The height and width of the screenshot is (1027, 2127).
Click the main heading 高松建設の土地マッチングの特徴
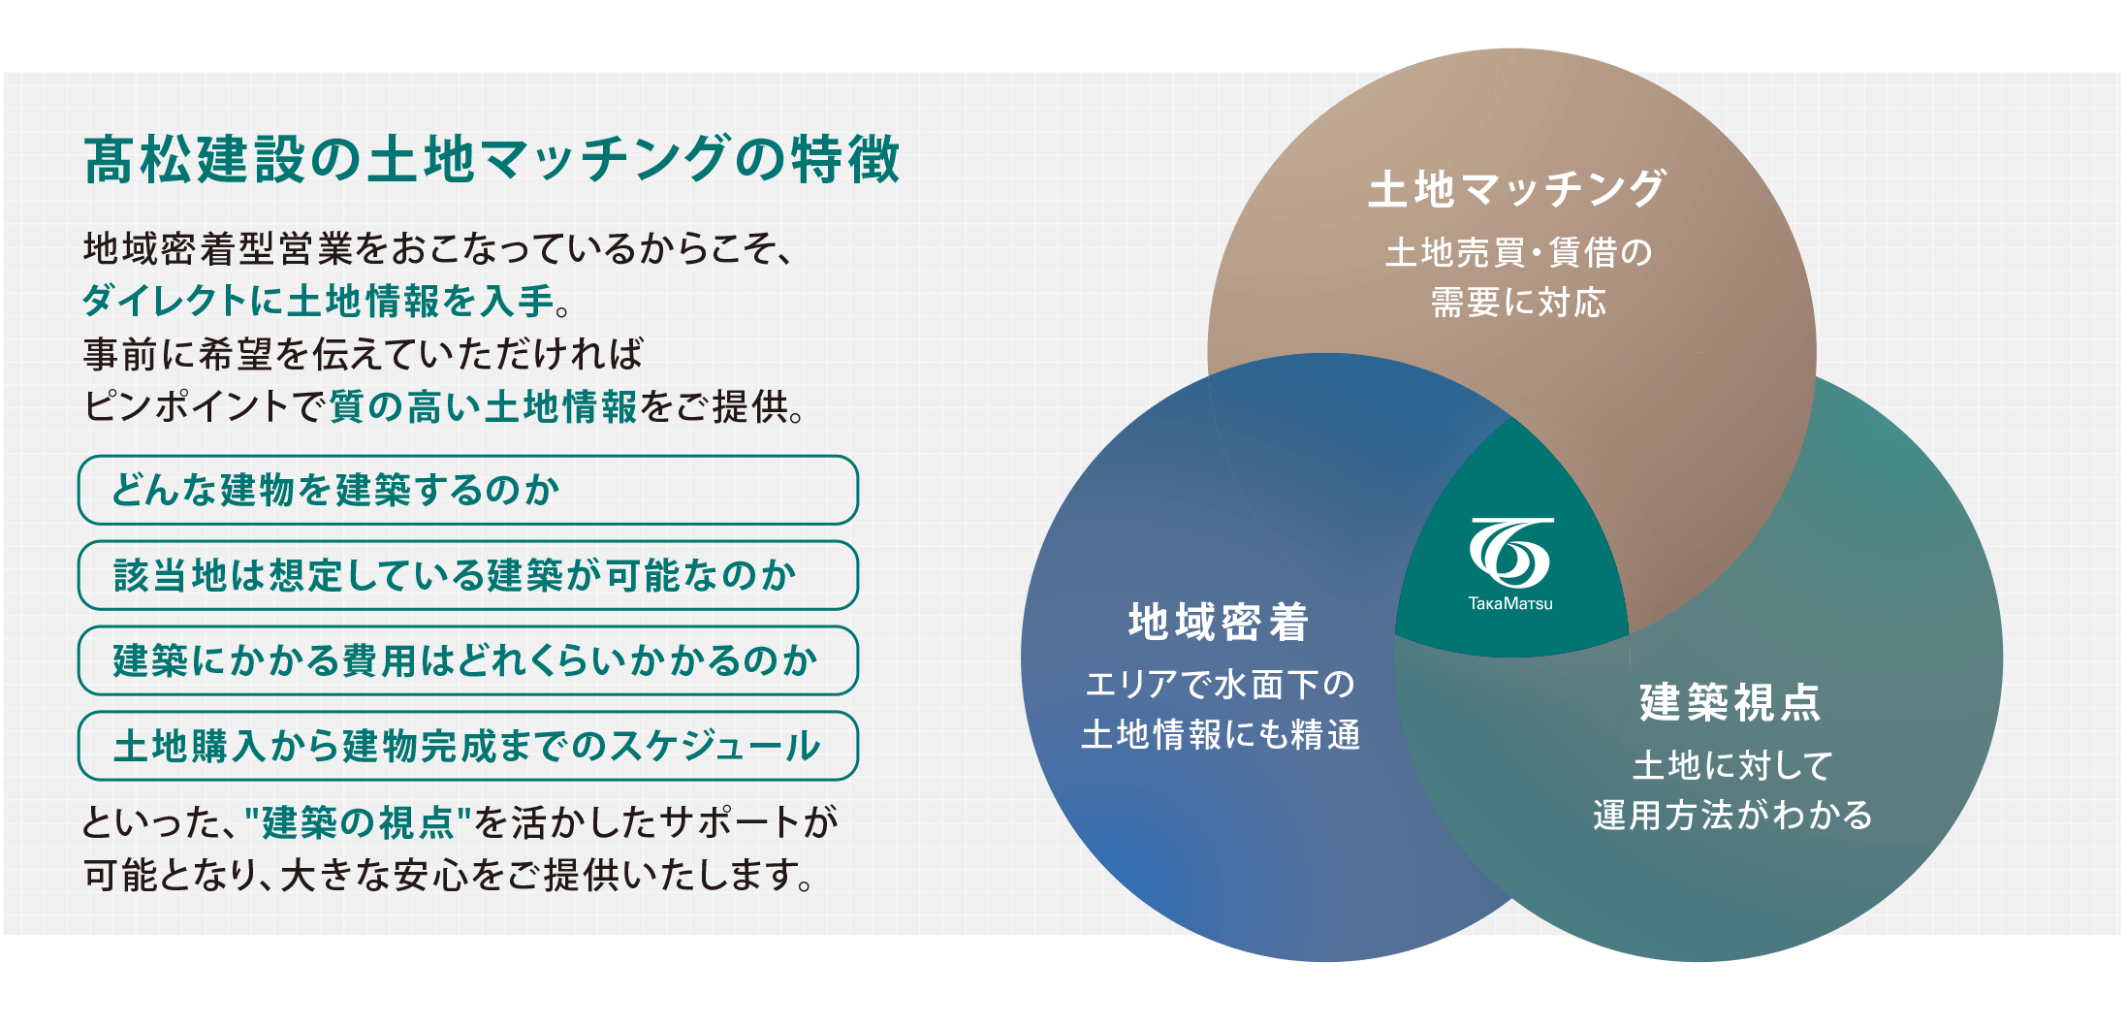coord(492,159)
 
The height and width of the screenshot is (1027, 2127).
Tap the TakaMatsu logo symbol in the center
coord(1511,552)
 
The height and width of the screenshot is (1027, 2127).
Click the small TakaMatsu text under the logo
coord(1510,603)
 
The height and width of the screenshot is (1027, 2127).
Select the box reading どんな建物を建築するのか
coord(468,490)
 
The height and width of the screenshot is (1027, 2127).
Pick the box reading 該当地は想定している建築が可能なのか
coord(468,575)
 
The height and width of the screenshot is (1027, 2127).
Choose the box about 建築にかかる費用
coord(468,660)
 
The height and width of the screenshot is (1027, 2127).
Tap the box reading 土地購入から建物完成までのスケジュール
coord(468,746)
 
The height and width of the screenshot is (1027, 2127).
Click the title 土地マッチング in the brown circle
coord(1517,188)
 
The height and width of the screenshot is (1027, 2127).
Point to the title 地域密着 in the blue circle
coord(1219,622)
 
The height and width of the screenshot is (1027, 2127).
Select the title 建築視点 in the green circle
coord(1730,702)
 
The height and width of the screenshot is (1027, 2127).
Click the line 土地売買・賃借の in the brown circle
coord(1518,252)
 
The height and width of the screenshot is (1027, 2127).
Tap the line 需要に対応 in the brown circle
coord(1518,303)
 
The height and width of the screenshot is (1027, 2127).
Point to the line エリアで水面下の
coord(1220,685)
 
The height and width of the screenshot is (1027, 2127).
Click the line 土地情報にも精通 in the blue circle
coord(1220,735)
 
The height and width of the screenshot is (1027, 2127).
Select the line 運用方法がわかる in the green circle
coord(1731,816)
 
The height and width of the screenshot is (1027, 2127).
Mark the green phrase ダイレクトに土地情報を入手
coord(319,301)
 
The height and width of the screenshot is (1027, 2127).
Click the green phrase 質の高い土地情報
coord(484,406)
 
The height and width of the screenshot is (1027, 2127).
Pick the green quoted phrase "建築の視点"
coord(358,822)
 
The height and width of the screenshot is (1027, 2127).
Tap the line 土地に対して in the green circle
coord(1731,765)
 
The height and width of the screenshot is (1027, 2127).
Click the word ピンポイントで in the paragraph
coord(206,406)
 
